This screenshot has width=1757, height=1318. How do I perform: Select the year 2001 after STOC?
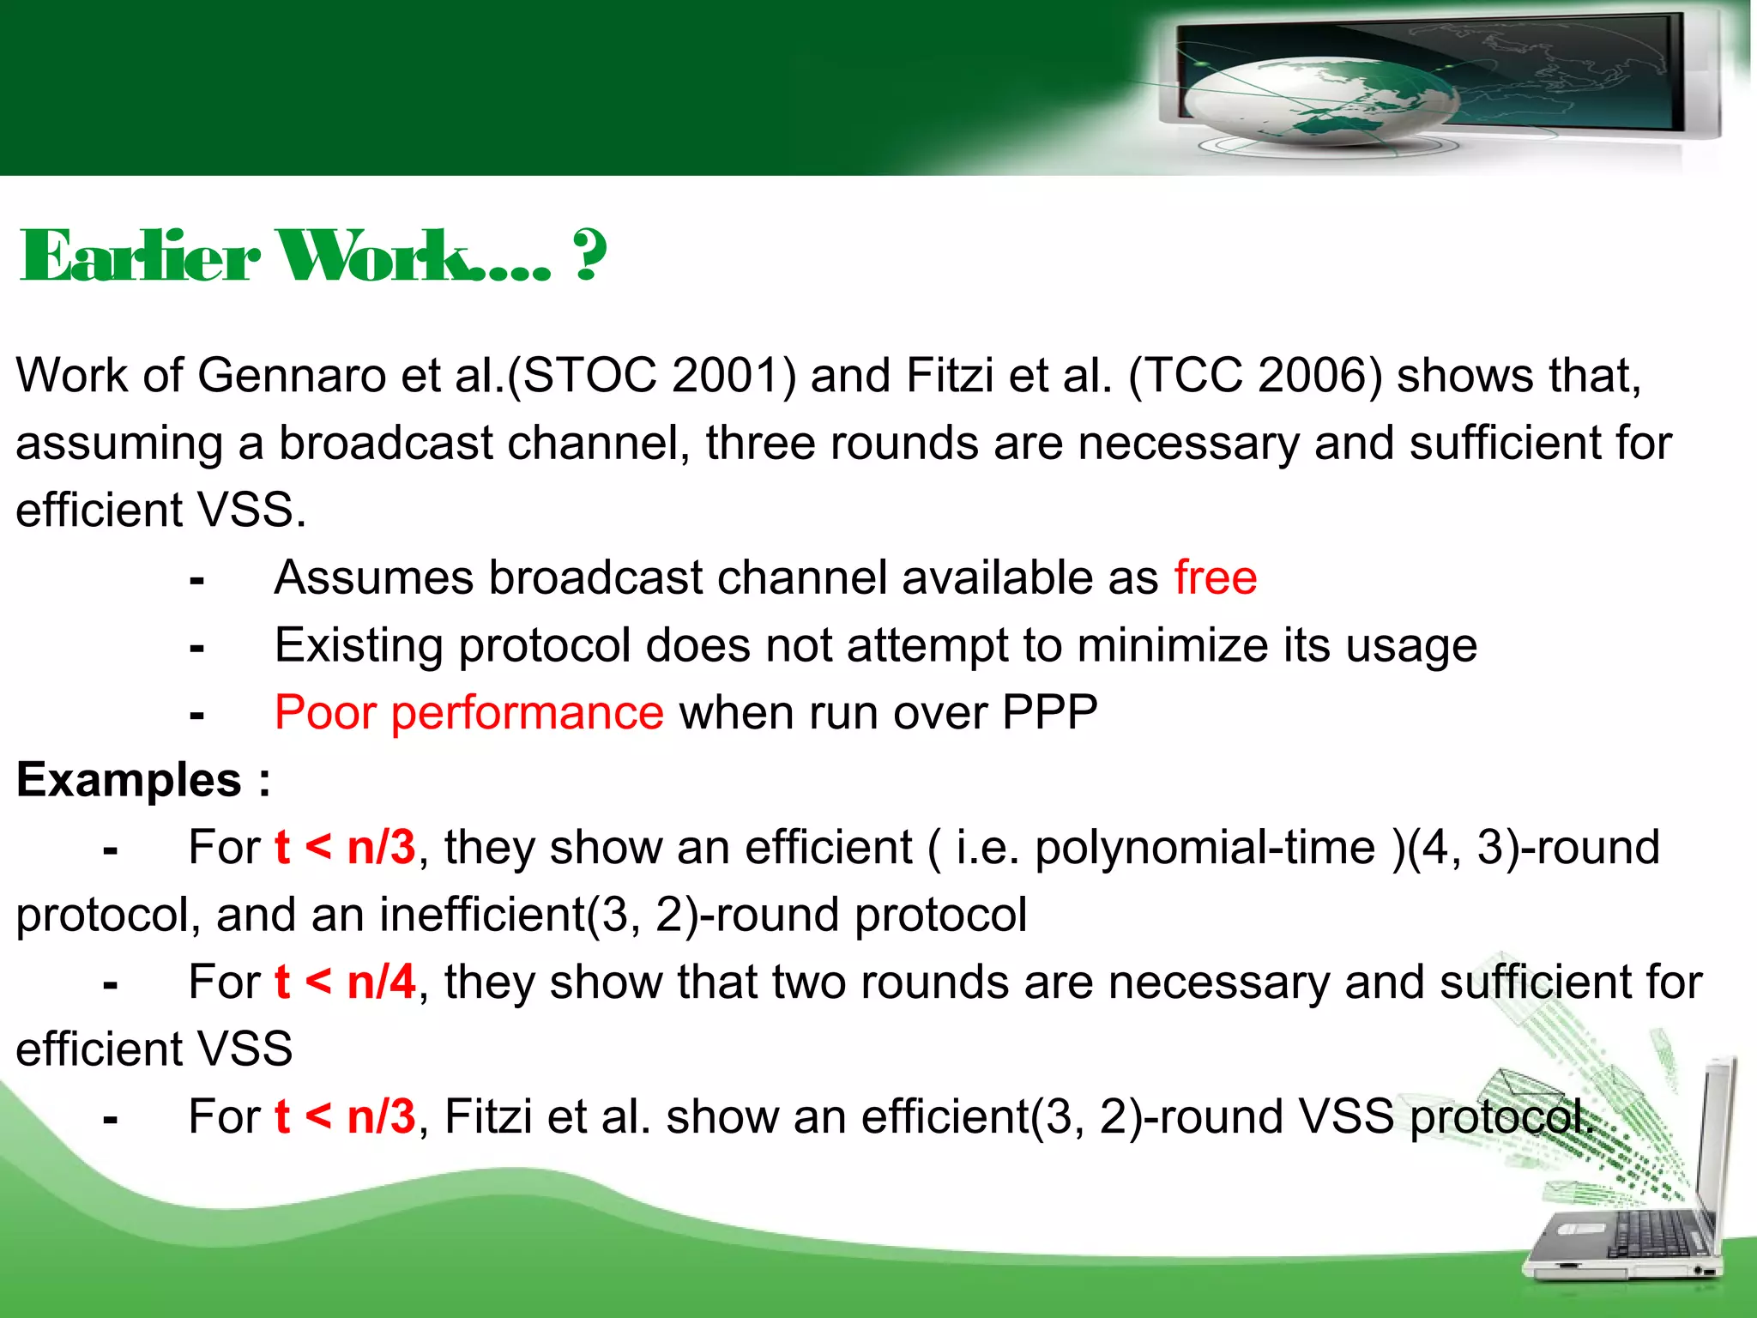point(734,376)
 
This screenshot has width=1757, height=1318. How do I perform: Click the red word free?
point(1215,577)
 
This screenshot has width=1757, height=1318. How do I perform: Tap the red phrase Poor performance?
point(468,712)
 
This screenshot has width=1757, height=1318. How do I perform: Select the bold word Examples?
point(129,780)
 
